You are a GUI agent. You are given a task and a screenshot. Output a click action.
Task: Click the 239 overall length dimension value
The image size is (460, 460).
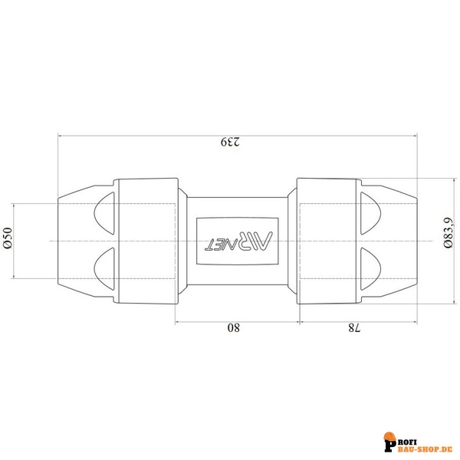click(230, 141)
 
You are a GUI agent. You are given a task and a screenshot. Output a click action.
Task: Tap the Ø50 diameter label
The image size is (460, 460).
click(8, 238)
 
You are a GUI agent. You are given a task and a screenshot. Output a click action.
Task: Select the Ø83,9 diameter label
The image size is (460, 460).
click(448, 232)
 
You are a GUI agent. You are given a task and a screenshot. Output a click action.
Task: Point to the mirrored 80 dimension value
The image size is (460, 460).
click(234, 327)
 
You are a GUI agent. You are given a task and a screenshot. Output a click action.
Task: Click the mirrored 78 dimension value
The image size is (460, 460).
click(354, 327)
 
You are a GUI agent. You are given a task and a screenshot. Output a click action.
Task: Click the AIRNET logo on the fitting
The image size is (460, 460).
click(238, 241)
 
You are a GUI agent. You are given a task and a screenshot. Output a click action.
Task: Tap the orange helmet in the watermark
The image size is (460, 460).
click(389, 437)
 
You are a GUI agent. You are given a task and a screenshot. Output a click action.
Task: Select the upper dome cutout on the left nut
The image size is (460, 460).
click(104, 213)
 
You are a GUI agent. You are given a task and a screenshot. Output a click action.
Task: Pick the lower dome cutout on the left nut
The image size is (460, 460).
click(104, 269)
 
